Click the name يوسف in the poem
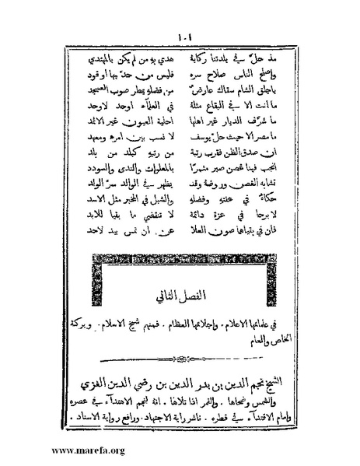208,142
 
